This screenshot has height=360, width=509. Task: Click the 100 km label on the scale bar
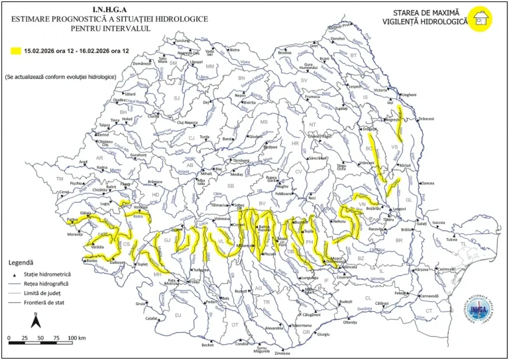76,338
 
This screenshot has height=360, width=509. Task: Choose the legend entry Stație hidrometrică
49,274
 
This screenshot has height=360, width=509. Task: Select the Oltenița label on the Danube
350,322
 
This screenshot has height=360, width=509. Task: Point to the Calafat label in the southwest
152,319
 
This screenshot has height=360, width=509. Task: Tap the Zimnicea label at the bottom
283,354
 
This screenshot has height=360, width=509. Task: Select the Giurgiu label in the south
323,335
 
